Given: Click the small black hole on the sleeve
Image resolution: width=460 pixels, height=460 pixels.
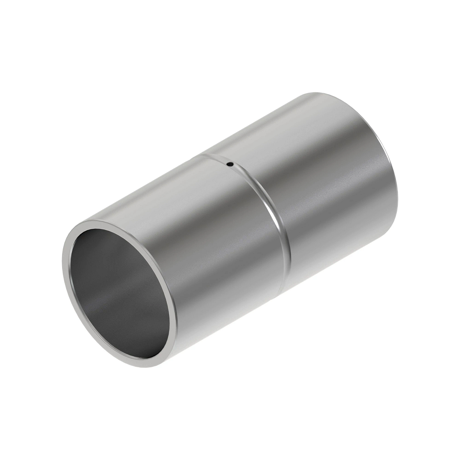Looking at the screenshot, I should tap(229, 164).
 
